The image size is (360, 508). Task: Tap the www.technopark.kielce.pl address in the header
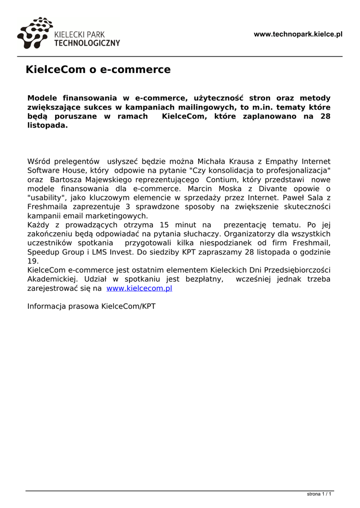click(x=298, y=34)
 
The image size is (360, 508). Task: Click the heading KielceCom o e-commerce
click(x=98, y=69)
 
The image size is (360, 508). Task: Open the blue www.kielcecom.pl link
click(x=139, y=288)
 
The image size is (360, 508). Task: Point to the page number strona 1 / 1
click(x=319, y=494)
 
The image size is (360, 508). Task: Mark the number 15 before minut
click(x=165, y=225)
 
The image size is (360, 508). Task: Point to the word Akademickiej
click(x=52, y=279)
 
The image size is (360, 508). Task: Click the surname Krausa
click(x=240, y=161)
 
